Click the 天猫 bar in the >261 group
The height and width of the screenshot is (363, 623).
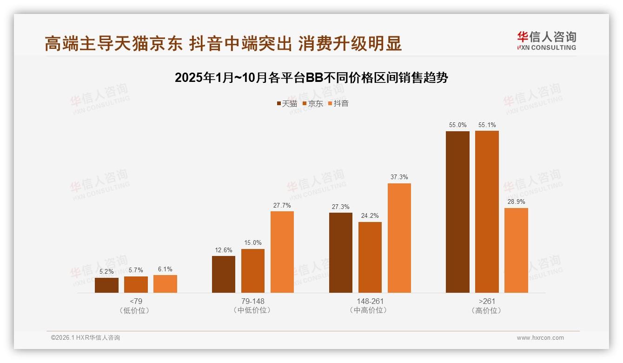[457, 212]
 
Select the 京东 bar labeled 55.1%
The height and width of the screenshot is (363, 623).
[487, 212]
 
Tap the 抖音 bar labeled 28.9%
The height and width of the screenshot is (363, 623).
[516, 250]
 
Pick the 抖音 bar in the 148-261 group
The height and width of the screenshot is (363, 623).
[399, 238]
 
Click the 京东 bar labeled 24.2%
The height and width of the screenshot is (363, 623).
[370, 257]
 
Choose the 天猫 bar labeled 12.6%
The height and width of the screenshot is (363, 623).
[224, 274]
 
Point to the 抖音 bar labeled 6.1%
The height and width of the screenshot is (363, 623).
[165, 284]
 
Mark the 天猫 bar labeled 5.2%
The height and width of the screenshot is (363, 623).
[106, 285]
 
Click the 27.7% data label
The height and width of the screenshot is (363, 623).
[282, 205]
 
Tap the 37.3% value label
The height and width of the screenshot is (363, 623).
[399, 177]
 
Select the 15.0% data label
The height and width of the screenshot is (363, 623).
[253, 243]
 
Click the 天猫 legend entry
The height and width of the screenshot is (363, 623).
[286, 104]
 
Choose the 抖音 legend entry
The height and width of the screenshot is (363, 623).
[338, 104]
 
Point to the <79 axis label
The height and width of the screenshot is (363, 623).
[135, 301]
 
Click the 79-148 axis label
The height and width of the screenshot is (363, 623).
[253, 301]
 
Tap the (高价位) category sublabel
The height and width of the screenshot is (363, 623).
[486, 310]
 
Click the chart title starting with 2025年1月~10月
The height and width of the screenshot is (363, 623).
[311, 78]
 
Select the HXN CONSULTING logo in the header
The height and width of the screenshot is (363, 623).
[546, 40]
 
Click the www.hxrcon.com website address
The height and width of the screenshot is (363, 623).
[540, 338]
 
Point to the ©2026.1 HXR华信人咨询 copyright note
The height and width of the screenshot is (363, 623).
[86, 338]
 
